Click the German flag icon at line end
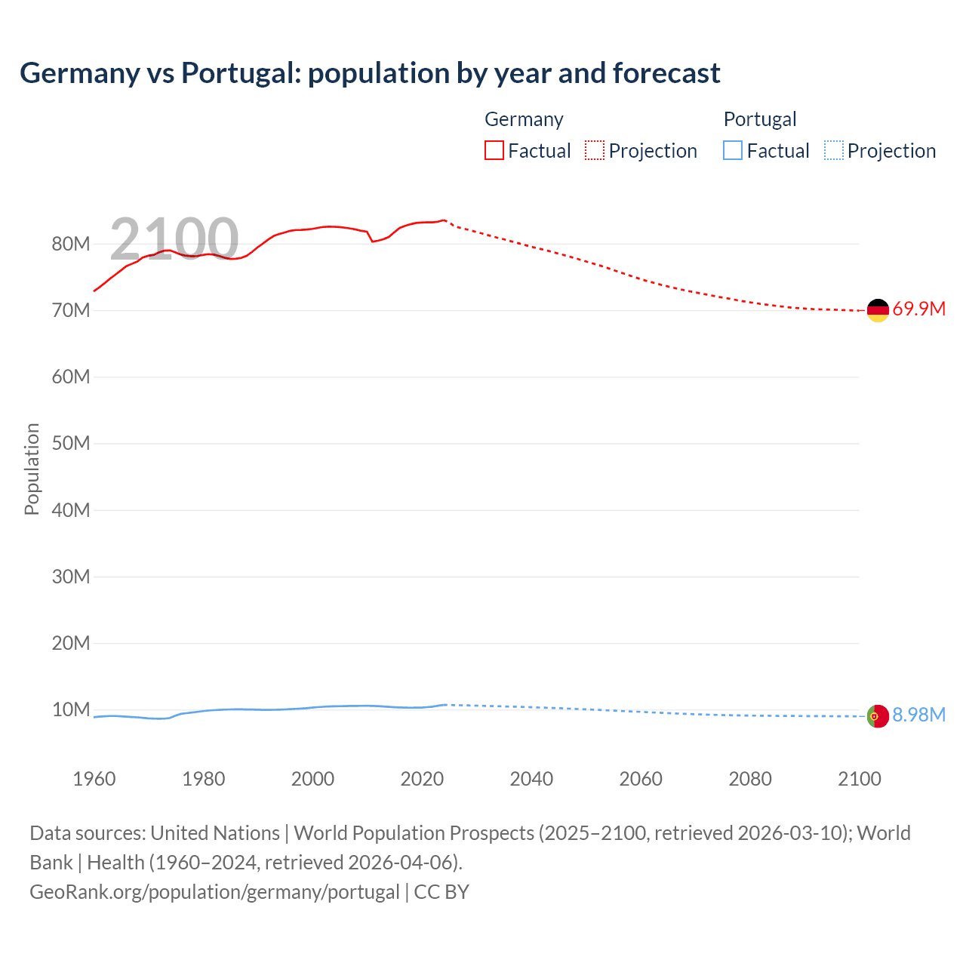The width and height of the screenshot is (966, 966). coord(878,310)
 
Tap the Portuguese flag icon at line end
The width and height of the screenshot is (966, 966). coord(878,715)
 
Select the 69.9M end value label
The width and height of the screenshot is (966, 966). coord(918,309)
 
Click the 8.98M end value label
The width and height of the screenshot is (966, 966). coord(918,715)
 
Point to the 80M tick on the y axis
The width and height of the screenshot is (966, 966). coord(71,244)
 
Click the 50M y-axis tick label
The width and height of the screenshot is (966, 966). coord(71,443)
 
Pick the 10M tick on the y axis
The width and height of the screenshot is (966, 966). coord(71,709)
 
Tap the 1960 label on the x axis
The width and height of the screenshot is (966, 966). coord(94,779)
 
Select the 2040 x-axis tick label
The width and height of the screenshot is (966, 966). coord(531,779)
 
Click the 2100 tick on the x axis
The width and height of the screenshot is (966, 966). coord(859,779)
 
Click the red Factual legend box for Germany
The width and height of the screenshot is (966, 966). coord(494,150)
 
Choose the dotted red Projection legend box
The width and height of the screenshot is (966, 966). coord(595,150)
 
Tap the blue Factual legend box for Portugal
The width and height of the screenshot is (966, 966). coord(733,150)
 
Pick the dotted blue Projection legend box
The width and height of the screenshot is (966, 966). coord(833,150)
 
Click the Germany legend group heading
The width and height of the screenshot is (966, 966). coord(524,119)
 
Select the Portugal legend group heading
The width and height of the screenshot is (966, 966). coord(760,119)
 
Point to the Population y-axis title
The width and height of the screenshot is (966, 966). coord(32,469)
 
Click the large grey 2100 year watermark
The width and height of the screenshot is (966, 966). coord(174,238)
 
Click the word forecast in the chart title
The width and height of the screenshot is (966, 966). coord(666,73)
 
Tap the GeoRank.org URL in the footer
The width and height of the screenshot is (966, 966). coord(214,892)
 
